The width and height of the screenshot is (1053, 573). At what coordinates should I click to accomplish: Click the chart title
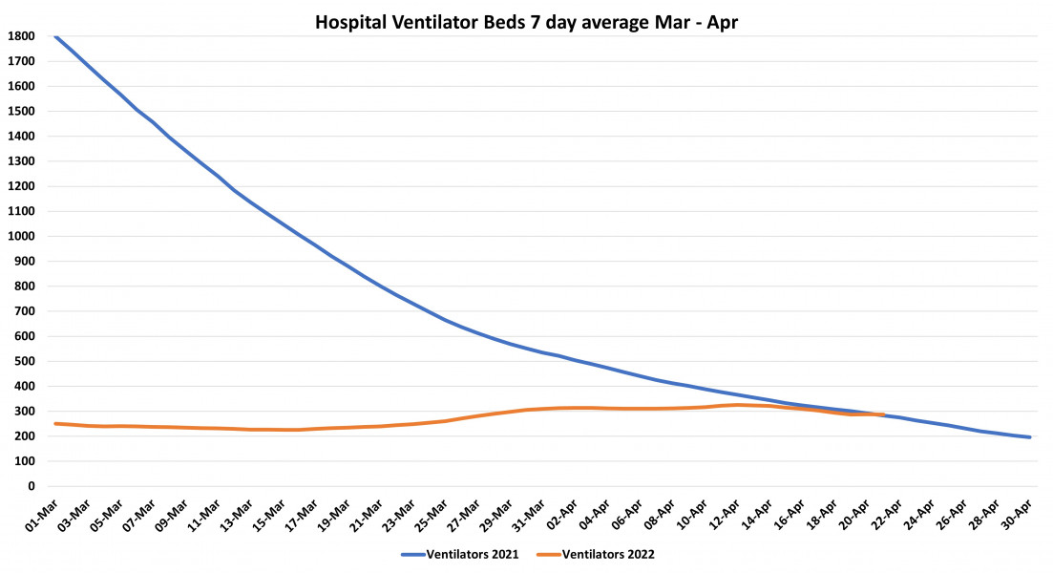526,22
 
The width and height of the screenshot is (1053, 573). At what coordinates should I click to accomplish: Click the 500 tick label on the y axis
26,361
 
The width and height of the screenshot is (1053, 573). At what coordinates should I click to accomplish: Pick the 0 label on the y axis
32,486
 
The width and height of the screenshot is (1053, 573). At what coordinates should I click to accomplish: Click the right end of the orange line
884,414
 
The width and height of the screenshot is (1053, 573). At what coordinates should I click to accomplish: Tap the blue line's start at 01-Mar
55,36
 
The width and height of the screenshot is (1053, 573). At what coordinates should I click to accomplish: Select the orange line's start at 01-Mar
55,423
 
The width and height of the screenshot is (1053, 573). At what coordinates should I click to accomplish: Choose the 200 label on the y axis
26,436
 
